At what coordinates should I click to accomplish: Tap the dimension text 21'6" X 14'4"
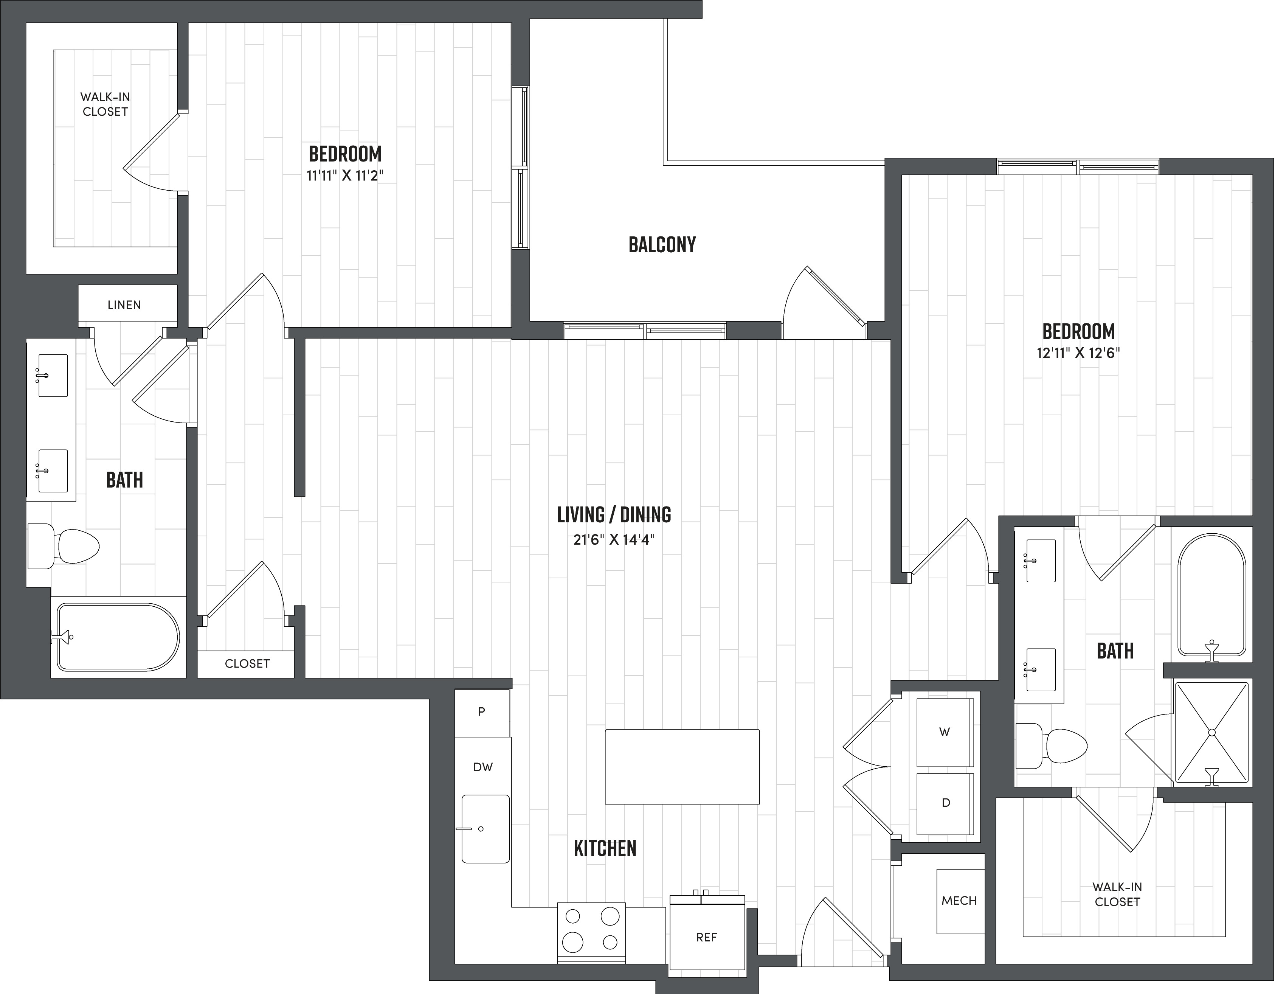[614, 540]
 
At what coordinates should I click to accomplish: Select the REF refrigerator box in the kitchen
[706, 937]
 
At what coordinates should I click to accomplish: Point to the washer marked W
[945, 732]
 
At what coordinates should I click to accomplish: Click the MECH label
[959, 901]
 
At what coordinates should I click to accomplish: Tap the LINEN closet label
[124, 305]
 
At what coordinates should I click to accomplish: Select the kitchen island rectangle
[682, 766]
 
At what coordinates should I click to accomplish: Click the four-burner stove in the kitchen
[591, 933]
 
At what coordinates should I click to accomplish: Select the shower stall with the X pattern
[1211, 732]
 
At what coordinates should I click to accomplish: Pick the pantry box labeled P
[482, 712]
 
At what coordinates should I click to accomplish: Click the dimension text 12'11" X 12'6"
[1078, 353]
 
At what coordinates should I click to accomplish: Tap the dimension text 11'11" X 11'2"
[345, 175]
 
